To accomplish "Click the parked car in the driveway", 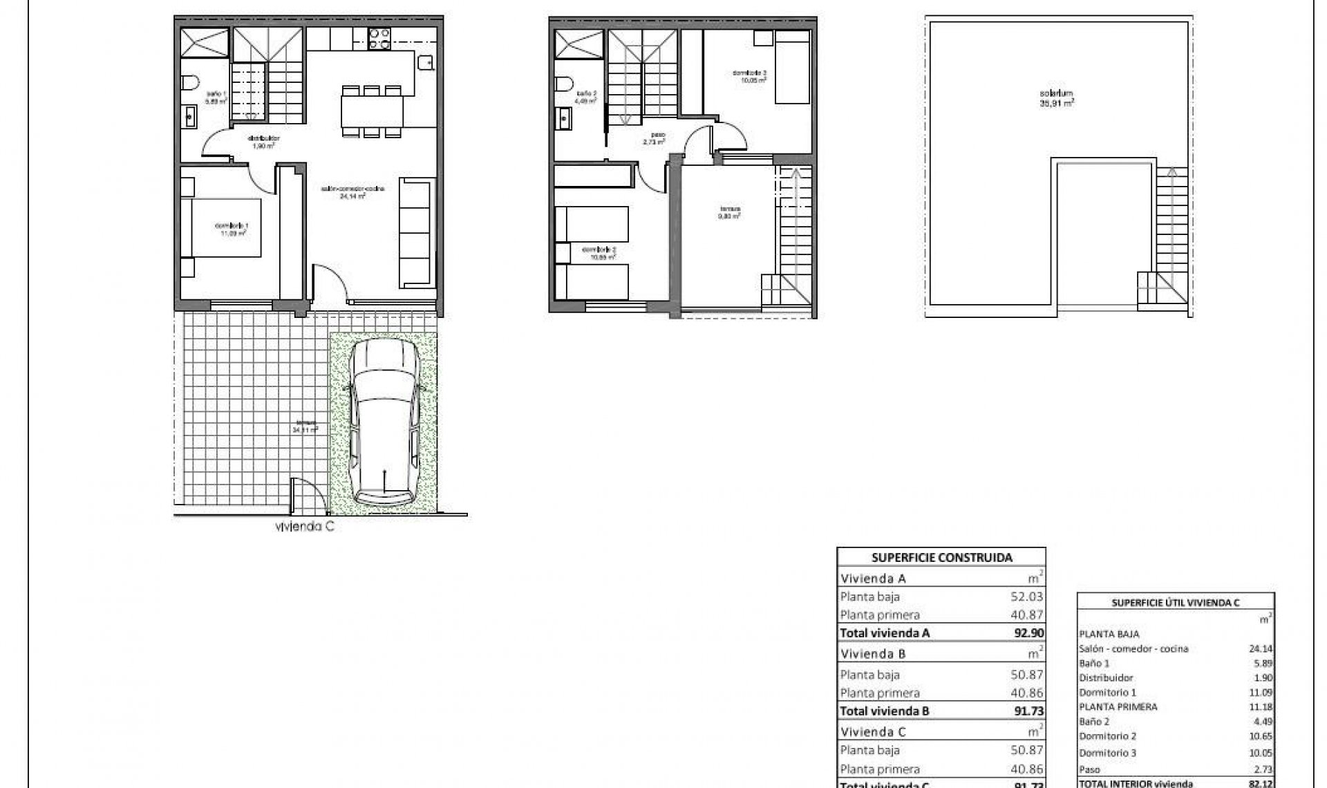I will click(384, 424).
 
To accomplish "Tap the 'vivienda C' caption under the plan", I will click(305, 527).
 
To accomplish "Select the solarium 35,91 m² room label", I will click(1057, 97).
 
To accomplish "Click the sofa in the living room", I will click(417, 233).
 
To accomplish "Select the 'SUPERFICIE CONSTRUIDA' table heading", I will click(941, 558).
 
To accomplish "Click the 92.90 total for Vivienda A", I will click(1028, 632).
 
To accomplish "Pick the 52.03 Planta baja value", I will click(1027, 597).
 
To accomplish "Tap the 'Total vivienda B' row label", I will click(885, 711).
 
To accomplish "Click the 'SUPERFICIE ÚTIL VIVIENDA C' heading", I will click(1176, 603).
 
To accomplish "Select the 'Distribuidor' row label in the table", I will click(1106, 677).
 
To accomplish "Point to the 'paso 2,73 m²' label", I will click(653, 138).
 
